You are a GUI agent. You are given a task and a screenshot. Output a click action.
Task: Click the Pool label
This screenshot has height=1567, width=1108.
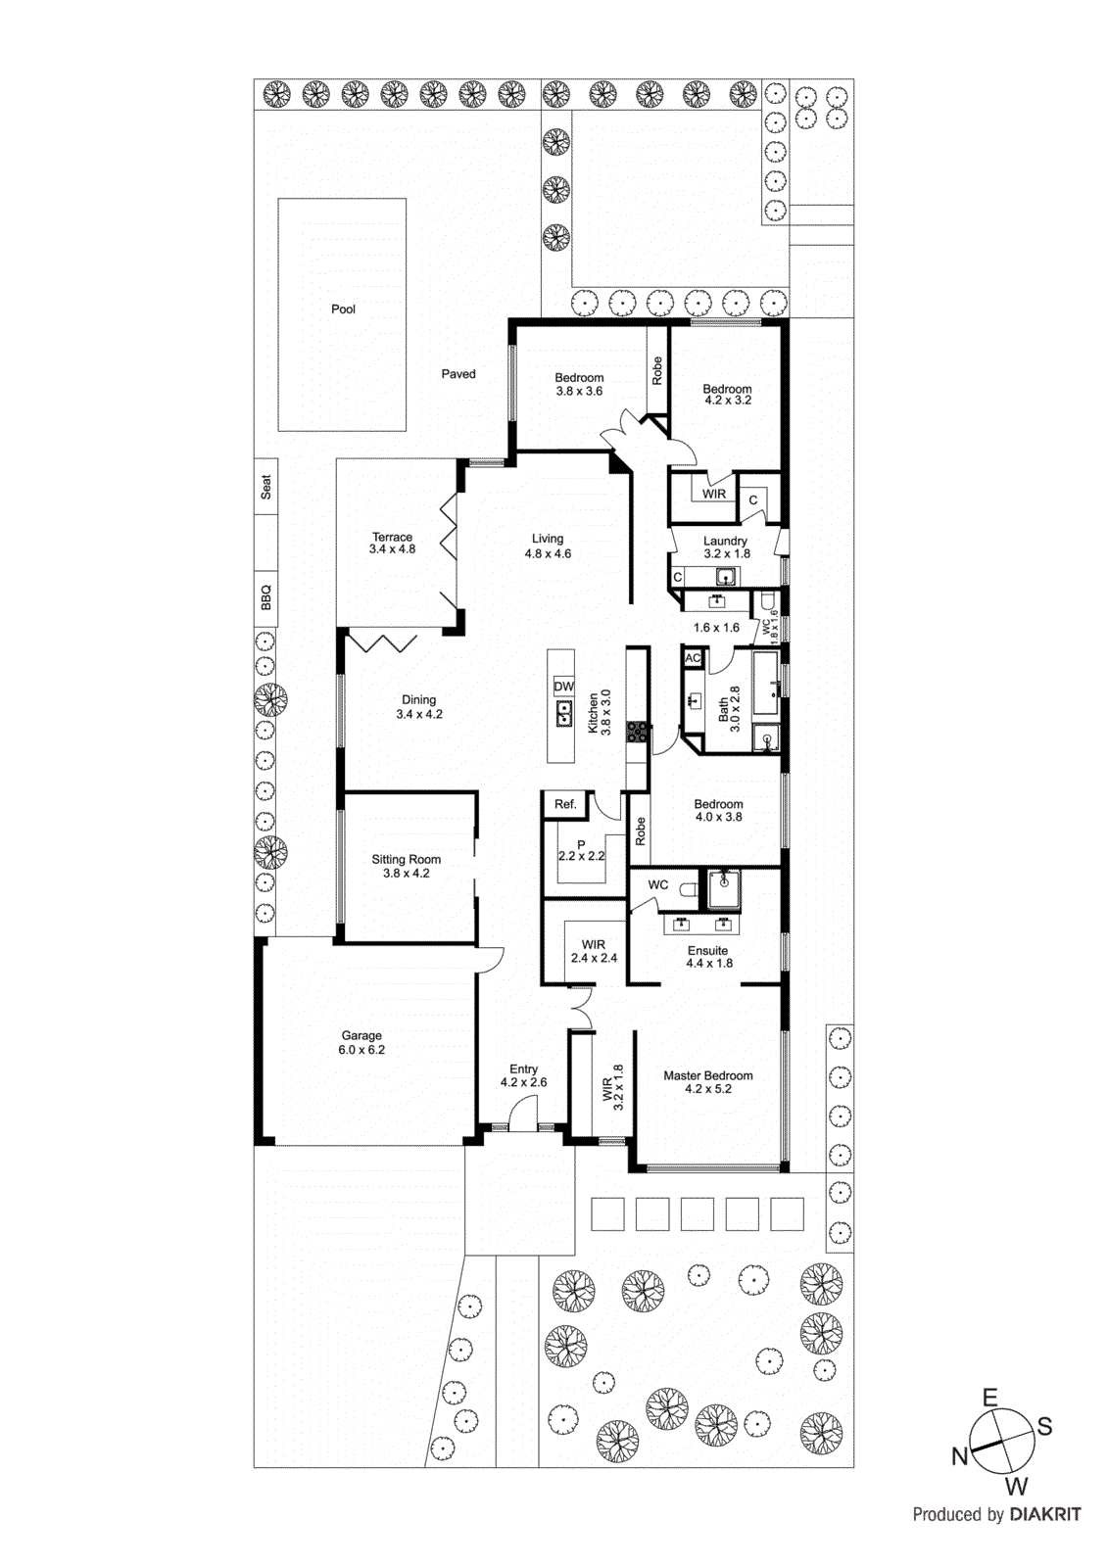343,309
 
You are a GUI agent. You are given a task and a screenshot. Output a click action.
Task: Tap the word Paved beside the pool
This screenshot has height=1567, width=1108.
458,374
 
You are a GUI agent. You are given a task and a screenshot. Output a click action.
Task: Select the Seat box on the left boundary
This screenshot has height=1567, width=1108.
265,487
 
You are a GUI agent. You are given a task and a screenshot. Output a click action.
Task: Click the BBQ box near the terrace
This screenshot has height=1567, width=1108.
265,597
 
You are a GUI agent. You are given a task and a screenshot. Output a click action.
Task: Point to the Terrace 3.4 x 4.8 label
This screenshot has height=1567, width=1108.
392,544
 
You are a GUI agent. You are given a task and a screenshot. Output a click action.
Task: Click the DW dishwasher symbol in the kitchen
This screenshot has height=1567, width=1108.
563,687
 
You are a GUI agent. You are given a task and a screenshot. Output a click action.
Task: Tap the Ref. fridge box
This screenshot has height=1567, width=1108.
565,804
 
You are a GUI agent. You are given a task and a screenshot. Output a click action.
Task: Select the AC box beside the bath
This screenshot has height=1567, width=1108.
693,658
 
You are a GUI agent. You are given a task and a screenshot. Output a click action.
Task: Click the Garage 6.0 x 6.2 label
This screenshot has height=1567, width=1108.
361,1042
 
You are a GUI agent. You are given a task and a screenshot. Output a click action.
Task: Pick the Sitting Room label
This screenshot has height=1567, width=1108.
406,860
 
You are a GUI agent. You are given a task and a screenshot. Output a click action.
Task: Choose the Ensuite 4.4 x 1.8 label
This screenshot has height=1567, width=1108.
708,957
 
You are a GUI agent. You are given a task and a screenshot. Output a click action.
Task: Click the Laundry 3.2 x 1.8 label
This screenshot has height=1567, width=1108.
725,547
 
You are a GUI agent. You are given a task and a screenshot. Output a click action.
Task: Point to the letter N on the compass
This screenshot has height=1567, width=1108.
960,1456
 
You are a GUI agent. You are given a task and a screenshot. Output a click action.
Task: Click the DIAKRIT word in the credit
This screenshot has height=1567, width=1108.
1044,1514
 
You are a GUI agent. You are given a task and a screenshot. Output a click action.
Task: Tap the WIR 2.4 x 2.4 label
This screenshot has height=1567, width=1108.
594,951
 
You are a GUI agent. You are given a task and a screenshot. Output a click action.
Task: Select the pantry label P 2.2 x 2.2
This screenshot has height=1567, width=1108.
581,850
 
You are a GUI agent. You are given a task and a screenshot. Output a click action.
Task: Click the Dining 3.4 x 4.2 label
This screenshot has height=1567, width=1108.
418,707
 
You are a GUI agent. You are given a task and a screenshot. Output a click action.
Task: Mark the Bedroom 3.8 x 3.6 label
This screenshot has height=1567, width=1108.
579,384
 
